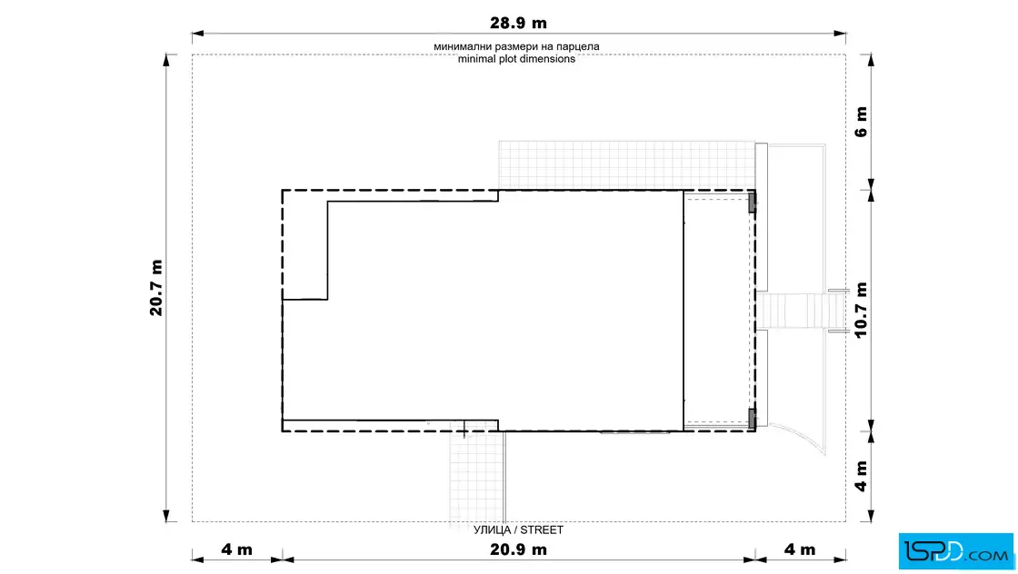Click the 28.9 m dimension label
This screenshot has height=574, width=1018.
(518, 24)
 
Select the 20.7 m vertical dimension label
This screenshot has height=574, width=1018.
(155, 288)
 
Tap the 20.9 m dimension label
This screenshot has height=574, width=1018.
(518, 549)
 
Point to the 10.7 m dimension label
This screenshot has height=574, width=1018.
(861, 310)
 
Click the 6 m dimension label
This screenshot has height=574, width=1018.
(861, 122)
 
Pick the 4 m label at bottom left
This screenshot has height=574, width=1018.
(236, 549)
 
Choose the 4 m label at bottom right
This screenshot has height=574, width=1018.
(799, 549)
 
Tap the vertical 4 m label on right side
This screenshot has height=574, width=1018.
(861, 476)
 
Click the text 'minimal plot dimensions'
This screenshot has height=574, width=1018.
(517, 59)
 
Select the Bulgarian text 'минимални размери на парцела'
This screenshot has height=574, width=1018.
(517, 46)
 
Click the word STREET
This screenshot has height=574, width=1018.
(542, 529)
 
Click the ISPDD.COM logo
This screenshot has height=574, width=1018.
(955, 551)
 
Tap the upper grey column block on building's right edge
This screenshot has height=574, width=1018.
(753, 203)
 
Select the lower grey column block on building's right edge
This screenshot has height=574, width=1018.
(753, 419)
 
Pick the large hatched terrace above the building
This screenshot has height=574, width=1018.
(626, 165)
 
